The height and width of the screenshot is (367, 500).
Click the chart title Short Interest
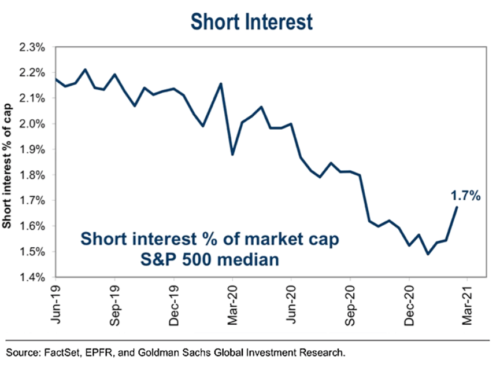(x=251, y=21)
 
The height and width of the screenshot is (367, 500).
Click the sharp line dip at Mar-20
(x=232, y=155)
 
